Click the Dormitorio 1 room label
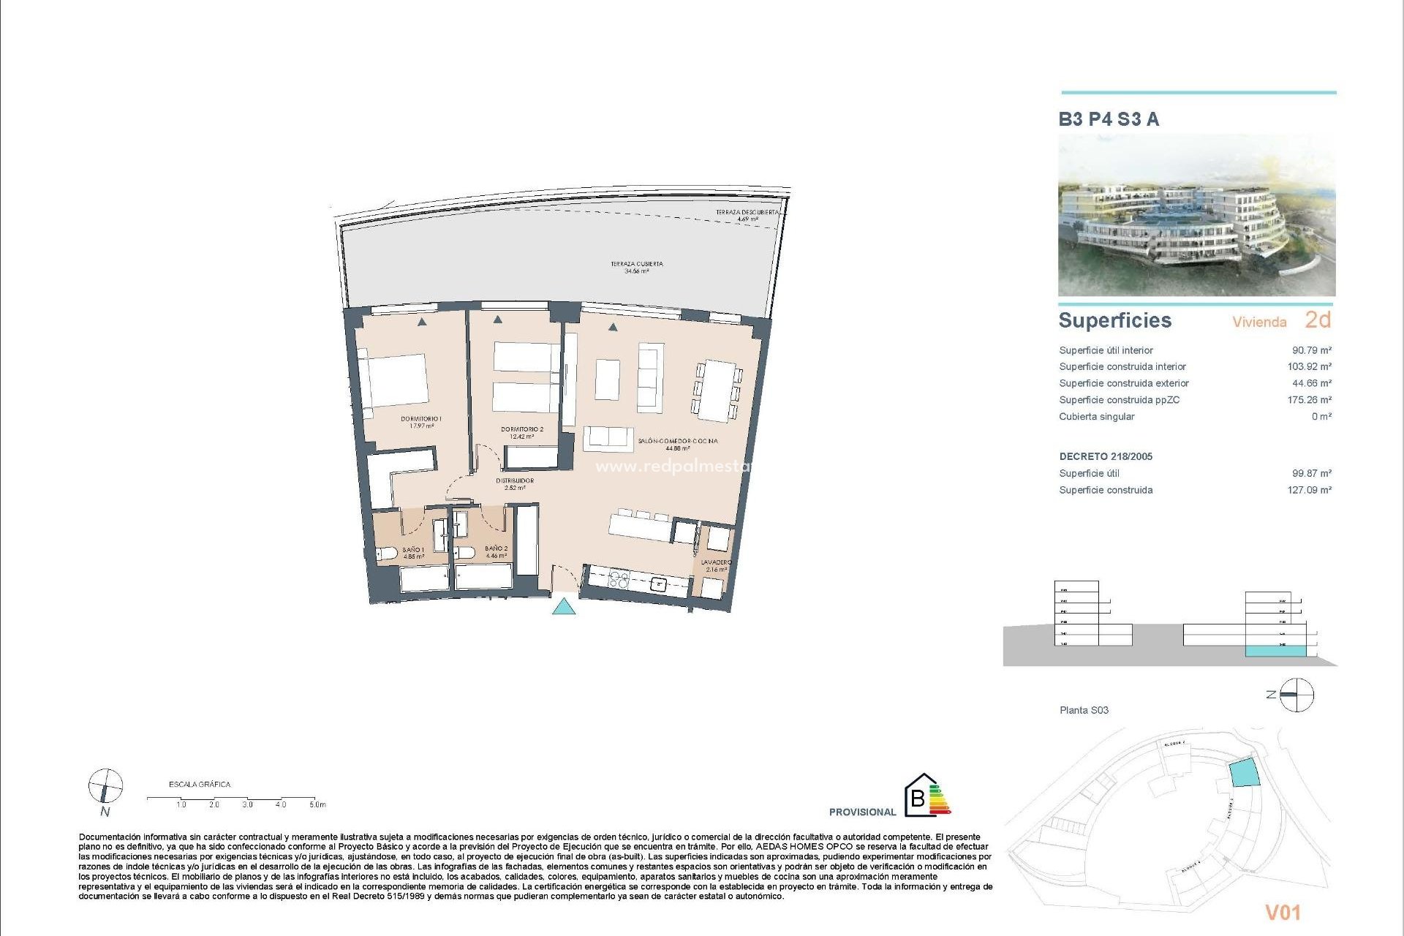click(x=421, y=419)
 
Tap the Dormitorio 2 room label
click(x=522, y=430)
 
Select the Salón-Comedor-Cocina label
click(x=677, y=442)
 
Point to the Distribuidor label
click(x=515, y=481)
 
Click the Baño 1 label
click(x=413, y=549)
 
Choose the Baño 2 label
click(x=496, y=548)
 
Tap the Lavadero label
click(x=716, y=563)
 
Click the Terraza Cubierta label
click(x=637, y=264)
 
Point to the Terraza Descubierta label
click(x=747, y=213)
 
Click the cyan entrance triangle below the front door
click(x=564, y=606)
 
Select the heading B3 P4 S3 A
click(x=1109, y=119)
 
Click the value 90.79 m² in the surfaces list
click(x=1311, y=350)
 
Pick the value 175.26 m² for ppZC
click(x=1309, y=400)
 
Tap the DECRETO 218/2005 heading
click(x=1106, y=456)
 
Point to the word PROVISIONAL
click(x=862, y=812)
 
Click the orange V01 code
click(x=1283, y=912)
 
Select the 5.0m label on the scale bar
click(x=317, y=804)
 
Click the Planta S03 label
click(x=1084, y=710)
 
